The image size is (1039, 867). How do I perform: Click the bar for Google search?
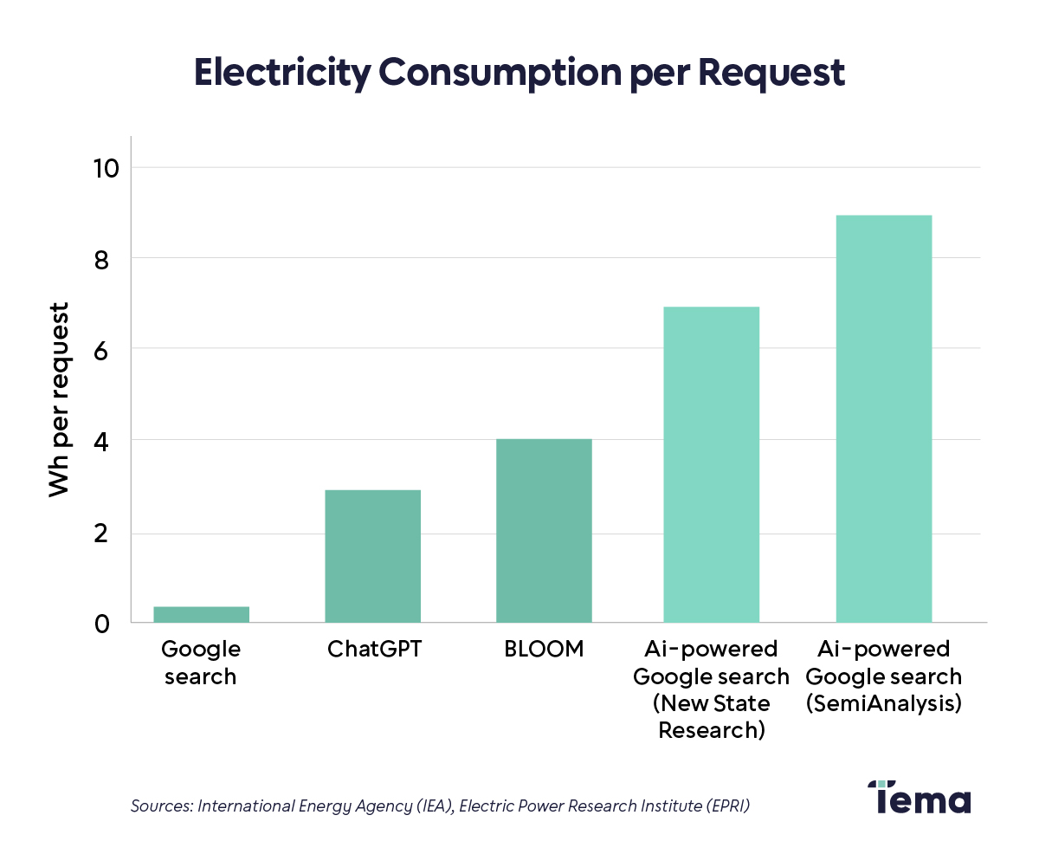(x=201, y=614)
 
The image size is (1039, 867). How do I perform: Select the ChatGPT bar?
(x=372, y=556)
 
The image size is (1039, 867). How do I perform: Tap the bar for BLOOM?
(x=544, y=530)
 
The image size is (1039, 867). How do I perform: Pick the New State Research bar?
(x=711, y=464)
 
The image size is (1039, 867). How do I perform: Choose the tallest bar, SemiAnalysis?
(x=883, y=418)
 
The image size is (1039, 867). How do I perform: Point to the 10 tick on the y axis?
(x=103, y=167)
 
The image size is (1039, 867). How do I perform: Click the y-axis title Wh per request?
(x=58, y=399)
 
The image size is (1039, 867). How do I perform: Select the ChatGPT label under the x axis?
(x=374, y=649)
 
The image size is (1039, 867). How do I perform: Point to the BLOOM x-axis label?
(x=544, y=649)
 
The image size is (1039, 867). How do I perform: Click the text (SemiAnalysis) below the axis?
(x=883, y=703)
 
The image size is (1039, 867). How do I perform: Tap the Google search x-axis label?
(x=201, y=663)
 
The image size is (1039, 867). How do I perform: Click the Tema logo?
(x=919, y=797)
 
